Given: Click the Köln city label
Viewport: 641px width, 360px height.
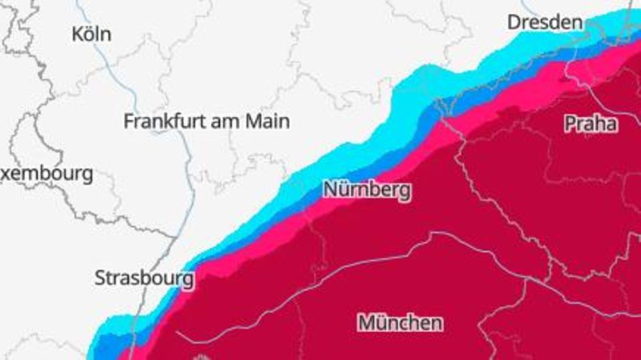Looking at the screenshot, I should click(x=91, y=34).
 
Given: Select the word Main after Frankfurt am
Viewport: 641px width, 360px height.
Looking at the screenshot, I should click(x=268, y=121).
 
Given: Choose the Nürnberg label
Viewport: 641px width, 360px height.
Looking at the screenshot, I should click(x=367, y=190).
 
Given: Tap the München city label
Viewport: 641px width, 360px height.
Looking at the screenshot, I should click(x=400, y=323).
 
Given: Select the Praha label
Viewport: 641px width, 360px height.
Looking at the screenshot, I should click(x=590, y=124).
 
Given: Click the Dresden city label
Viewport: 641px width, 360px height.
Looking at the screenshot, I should click(x=545, y=22).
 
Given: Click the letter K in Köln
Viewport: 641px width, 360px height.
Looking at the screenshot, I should click(x=77, y=34).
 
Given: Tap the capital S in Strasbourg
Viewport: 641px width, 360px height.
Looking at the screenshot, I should click(x=101, y=278).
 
